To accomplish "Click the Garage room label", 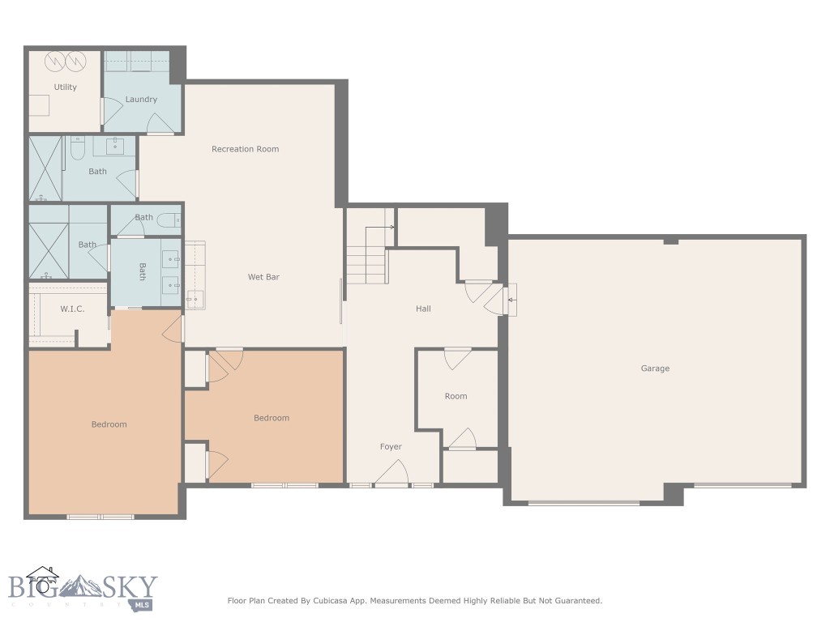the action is tap(655, 369).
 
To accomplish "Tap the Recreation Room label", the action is tap(245, 149).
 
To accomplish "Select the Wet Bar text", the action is tap(263, 277).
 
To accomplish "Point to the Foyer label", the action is tap(391, 447).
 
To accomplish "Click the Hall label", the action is tap(423, 309).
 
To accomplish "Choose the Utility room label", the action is tap(65, 87).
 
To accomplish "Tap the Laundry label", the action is tap(141, 100).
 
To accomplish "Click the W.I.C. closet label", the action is tap(72, 309).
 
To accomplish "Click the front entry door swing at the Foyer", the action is tap(392, 472).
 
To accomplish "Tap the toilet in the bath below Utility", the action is tap(77, 148).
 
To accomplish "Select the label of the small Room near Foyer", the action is tap(456, 396).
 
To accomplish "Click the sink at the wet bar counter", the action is tap(193, 300).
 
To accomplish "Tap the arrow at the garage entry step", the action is tap(512, 300).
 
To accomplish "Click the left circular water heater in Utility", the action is tap(54, 62).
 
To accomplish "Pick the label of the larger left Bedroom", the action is tap(109, 424).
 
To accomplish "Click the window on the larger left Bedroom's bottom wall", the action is tap(100, 516).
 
